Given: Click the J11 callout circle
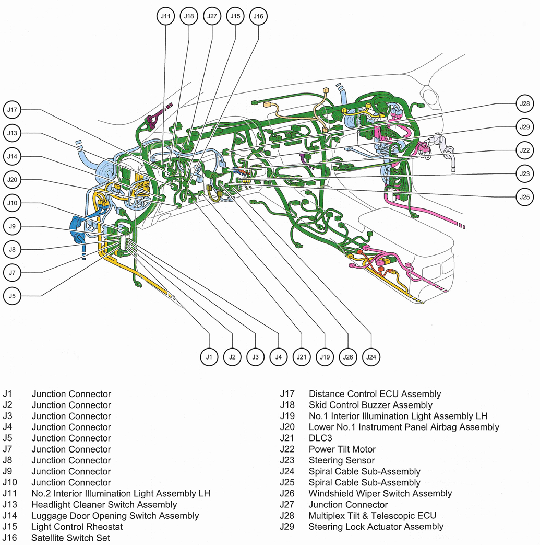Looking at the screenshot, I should click(x=165, y=16).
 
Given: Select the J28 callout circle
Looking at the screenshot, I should click(x=524, y=103).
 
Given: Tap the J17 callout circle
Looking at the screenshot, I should click(x=12, y=110).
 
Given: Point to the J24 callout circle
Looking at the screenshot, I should click(x=371, y=357).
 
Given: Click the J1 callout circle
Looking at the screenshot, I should click(x=209, y=357).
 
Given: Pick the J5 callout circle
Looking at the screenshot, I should click(x=12, y=295).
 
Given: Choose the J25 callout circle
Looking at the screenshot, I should click(x=524, y=197).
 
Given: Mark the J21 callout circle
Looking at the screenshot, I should click(x=301, y=357).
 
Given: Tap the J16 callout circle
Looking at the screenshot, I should click(x=258, y=16).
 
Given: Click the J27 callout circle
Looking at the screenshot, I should click(x=212, y=16).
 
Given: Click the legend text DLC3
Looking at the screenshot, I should click(x=320, y=438).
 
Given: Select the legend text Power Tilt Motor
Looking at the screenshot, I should click(x=342, y=449).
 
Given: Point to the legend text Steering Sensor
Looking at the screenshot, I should click(x=341, y=460).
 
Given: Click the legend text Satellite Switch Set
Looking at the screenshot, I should click(x=70, y=538).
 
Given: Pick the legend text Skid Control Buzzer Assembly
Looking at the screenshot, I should click(x=370, y=405).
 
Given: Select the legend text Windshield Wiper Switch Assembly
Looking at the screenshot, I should click(x=380, y=493).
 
